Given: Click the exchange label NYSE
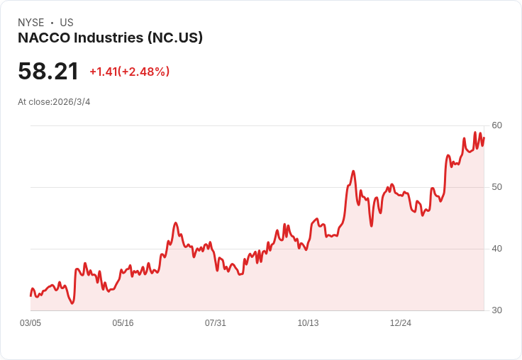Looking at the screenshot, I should [30, 23].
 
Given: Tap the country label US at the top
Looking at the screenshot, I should [67, 23].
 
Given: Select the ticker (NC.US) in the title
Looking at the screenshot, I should [174, 38].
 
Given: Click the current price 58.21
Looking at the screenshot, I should [48, 72].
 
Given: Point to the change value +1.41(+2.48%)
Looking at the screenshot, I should [129, 72].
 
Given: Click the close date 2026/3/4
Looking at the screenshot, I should [71, 102].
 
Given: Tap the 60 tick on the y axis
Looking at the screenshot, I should [496, 125].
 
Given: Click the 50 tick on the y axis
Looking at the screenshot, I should [496, 187].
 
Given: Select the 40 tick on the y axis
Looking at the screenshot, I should [496, 249].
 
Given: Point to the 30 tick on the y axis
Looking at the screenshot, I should [496, 310].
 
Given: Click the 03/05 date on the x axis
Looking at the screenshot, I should [30, 323].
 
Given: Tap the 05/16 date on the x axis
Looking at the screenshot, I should [123, 323].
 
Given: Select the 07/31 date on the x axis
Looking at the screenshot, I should [216, 323].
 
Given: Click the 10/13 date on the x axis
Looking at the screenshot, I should [308, 323].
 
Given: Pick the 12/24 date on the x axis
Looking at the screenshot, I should [400, 323].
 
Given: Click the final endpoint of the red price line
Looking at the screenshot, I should [484, 137].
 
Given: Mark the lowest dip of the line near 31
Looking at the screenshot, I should [72, 303].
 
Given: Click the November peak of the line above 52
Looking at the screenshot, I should [353, 171].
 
